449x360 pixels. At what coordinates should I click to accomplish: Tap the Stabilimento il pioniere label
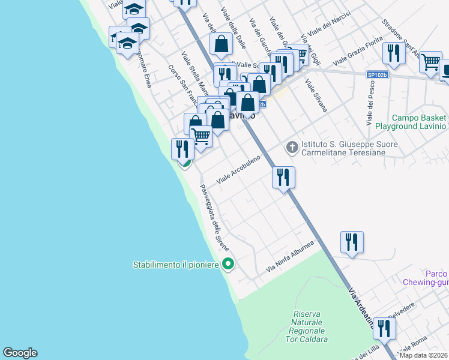point(175,265)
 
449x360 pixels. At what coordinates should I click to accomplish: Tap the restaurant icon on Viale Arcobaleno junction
point(283,178)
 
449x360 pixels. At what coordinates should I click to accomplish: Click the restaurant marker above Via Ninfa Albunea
point(351,242)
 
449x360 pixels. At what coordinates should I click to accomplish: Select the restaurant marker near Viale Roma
point(384,329)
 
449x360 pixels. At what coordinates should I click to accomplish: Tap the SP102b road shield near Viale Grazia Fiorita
point(377,75)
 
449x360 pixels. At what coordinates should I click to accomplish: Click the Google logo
point(20,353)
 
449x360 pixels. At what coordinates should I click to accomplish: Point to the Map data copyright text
point(423,355)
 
